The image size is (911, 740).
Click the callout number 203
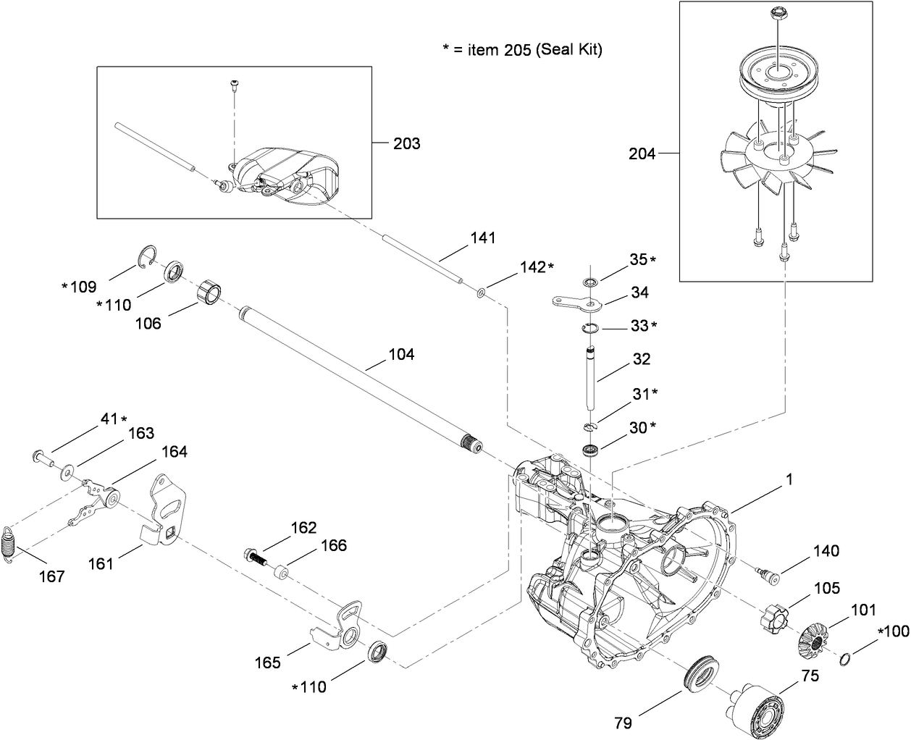[406, 143]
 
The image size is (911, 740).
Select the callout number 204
[642, 154]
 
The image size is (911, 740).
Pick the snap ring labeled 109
[148, 257]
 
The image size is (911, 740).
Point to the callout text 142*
[537, 267]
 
